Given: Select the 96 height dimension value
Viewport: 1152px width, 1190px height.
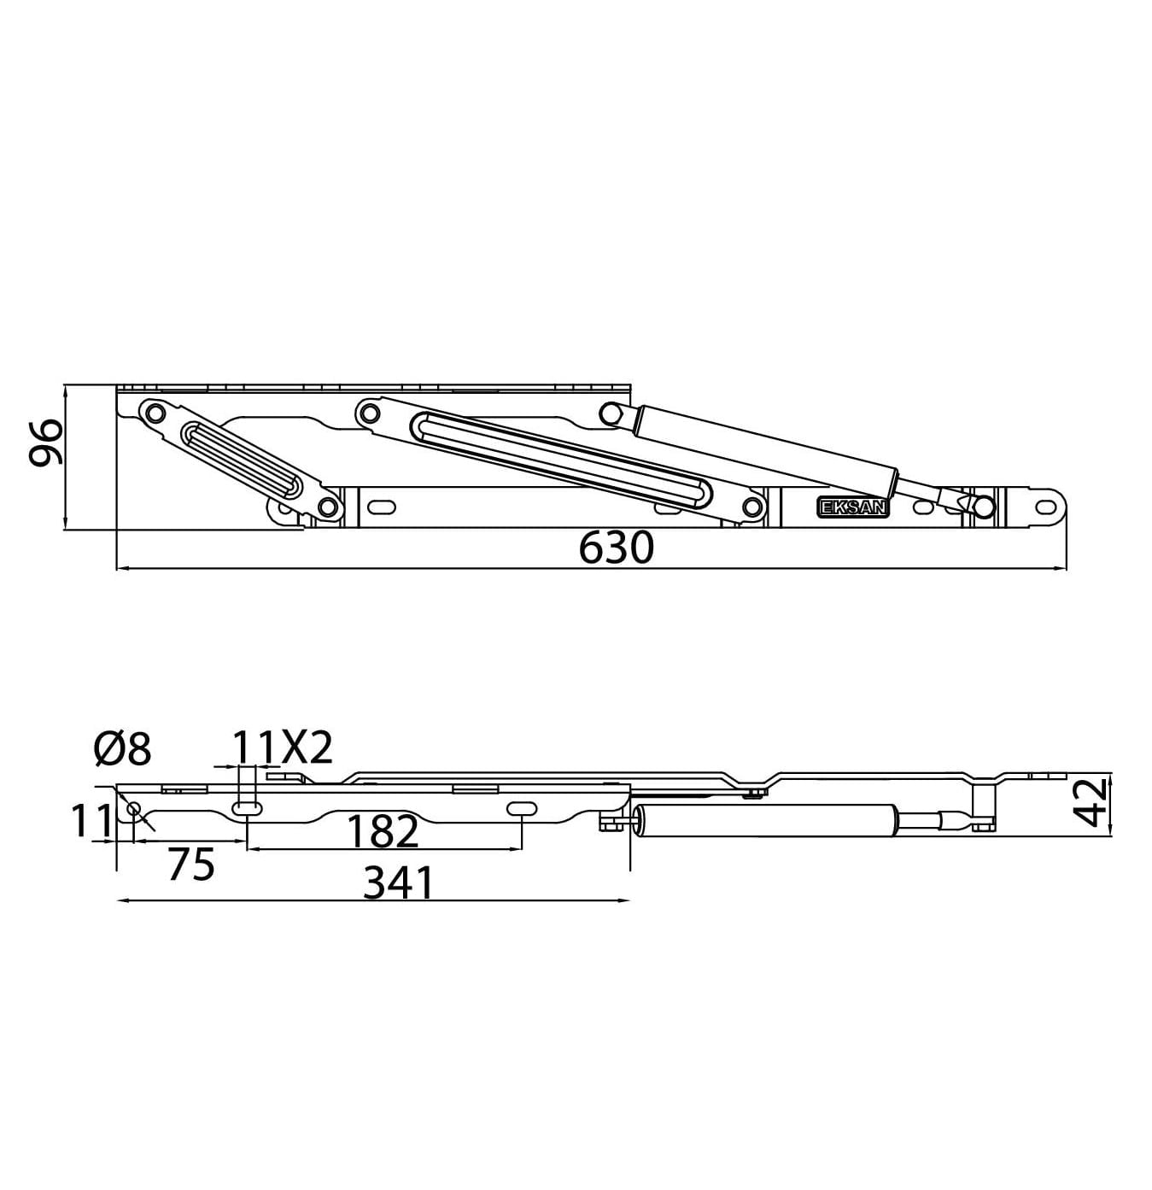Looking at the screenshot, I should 45,442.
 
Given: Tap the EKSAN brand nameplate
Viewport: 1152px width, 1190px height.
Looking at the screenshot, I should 853,507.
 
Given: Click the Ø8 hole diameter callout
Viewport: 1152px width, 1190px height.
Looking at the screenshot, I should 122,749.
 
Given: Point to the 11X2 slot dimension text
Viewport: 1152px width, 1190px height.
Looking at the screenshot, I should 282,748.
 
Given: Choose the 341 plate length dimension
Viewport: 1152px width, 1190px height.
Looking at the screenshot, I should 399,883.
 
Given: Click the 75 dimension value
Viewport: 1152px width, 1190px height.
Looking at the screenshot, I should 190,865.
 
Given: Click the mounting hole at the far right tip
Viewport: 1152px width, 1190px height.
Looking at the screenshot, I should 1045,505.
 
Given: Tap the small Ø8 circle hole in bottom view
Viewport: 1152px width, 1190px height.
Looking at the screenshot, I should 133,808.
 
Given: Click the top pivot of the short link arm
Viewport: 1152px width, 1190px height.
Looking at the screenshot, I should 154,413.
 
